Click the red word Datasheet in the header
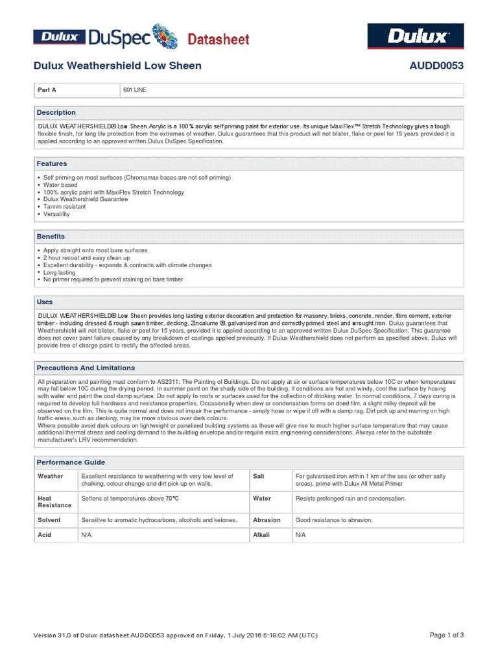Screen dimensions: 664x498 [219, 40]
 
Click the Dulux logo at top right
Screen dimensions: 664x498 [416, 36]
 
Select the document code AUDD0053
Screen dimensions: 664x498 [436, 65]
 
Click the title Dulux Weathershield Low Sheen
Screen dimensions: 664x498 [117, 65]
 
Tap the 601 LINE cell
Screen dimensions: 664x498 [135, 90]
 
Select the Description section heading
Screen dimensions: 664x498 [56, 112]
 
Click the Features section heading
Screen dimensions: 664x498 [52, 164]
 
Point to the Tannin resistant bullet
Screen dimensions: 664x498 [64, 207]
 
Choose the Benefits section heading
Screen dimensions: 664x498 [51, 237]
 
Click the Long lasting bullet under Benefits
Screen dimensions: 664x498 [59, 272]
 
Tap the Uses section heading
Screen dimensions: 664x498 [45, 302]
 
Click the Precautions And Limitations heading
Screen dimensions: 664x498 [86, 368]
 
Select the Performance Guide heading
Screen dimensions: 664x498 [71, 462]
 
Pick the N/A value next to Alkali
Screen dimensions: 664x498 [300, 535]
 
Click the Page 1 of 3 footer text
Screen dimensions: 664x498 [447, 635]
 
